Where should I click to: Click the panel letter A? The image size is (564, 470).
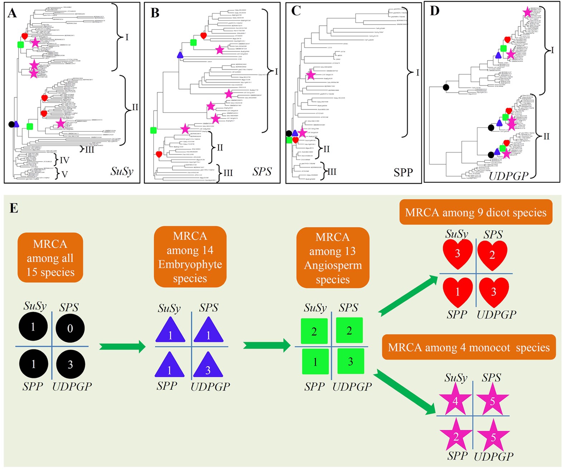13,13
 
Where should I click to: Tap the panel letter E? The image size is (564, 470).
14,208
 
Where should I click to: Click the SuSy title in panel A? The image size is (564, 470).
122,171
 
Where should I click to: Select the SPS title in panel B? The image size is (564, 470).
262,172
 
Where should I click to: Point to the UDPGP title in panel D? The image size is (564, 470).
508,175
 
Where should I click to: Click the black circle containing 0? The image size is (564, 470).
70,328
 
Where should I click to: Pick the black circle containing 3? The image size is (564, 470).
70,364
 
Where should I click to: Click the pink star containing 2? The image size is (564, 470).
456,436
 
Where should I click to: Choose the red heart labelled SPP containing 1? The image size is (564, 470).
457,291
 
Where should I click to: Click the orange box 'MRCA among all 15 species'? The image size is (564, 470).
50,258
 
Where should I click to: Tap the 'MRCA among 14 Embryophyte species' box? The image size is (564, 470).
190,257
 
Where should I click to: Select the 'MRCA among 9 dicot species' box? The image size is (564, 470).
476,213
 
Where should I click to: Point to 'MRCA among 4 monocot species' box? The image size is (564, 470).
469,347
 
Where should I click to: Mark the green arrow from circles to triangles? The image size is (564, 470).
122,347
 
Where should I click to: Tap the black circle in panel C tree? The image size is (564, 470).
289,134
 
